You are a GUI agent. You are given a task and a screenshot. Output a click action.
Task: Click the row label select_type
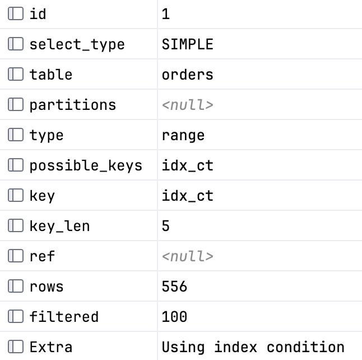[77, 44]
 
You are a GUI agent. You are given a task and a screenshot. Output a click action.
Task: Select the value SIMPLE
[188, 44]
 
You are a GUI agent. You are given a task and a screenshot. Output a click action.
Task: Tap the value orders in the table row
[188, 75]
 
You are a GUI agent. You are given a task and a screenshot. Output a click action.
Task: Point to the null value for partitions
[188, 105]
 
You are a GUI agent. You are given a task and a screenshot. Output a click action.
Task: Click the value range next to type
[183, 136]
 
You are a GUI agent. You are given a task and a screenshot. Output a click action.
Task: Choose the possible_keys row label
[86, 165]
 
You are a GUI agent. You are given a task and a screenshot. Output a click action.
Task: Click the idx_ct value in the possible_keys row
[188, 165]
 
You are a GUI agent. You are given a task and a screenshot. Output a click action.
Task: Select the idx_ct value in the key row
[188, 196]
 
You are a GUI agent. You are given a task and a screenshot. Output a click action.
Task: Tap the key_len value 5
[165, 226]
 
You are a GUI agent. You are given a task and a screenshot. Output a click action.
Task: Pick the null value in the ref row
[188, 256]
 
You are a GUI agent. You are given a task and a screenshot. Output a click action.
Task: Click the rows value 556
[174, 287]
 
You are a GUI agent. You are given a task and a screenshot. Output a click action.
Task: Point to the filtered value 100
[174, 317]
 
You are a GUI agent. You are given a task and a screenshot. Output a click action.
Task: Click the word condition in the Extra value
[305, 347]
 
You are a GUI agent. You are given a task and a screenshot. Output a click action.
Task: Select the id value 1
[165, 14]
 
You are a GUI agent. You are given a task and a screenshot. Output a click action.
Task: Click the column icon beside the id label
[16, 13]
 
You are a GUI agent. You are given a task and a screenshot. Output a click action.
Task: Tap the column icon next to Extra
[16, 347]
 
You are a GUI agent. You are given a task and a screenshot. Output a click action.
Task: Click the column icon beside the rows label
[16, 286]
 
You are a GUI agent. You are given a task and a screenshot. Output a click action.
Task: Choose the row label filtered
[64, 317]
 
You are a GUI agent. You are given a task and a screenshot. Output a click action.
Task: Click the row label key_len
[59, 226]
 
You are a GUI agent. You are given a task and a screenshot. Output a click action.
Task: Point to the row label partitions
[73, 105]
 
